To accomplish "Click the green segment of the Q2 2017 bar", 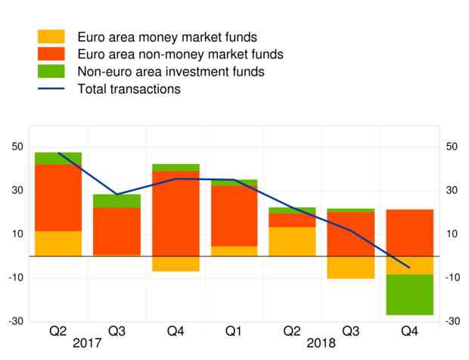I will tap(57, 158).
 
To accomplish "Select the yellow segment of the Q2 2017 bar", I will tap(57, 244).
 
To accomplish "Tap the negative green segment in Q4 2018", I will tap(409, 294).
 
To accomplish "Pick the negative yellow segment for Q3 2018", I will tap(351, 267).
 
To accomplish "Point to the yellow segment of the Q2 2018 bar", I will tap(292, 241).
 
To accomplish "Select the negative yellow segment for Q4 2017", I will tap(175, 263).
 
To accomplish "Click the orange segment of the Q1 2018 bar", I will tap(234, 216).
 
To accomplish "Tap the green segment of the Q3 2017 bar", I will tap(116, 200).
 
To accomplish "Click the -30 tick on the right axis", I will tap(452, 321).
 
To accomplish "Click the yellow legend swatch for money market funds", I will tap(51, 36).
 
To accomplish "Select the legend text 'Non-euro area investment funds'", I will tap(170, 72).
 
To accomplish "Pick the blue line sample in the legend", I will tap(51, 89).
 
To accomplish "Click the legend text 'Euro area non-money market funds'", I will tap(180, 54).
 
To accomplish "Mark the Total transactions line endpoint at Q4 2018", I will tap(409, 267).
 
